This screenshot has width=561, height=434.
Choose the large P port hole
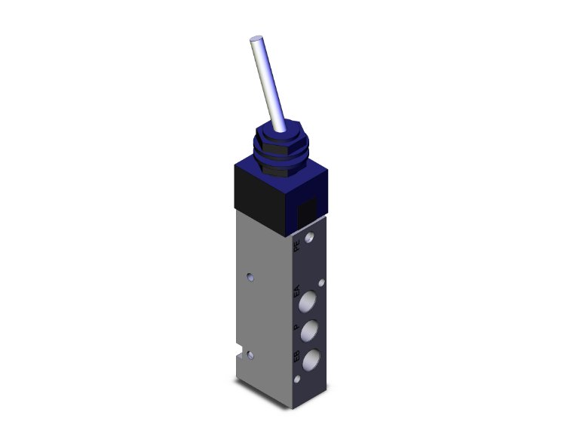coord(310,331)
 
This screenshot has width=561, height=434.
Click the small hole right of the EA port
coord(323,285)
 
